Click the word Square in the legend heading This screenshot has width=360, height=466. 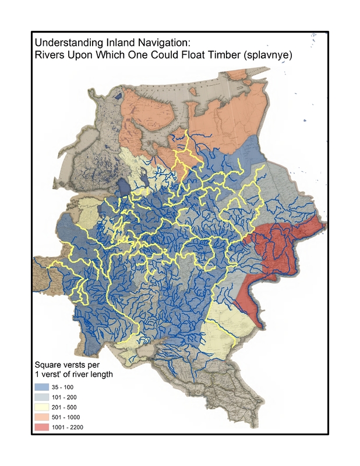(47, 365)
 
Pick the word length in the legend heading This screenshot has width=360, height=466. (101, 374)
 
